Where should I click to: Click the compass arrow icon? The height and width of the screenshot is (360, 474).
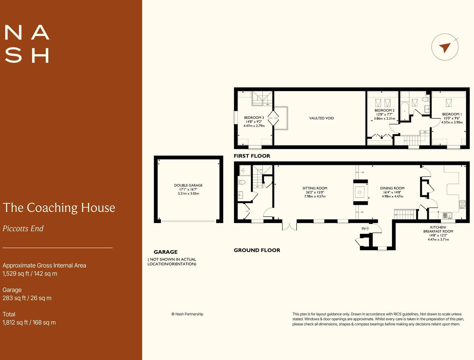(x=445, y=47)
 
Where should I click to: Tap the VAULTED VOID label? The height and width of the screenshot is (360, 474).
(x=322, y=118)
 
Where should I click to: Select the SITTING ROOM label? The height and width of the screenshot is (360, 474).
(x=315, y=188)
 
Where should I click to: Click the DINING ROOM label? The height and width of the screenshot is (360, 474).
(x=392, y=188)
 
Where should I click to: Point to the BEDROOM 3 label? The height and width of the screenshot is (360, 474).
(x=254, y=117)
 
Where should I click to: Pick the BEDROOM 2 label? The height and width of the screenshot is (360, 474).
(x=384, y=110)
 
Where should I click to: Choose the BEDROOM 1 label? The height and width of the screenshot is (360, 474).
(x=452, y=114)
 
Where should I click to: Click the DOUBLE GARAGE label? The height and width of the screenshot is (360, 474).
(x=188, y=185)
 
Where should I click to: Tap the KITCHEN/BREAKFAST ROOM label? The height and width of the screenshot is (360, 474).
(x=438, y=229)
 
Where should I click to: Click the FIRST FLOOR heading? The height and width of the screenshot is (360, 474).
(x=252, y=156)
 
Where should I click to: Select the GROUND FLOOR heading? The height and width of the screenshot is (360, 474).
(x=257, y=250)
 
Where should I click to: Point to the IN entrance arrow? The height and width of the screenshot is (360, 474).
(x=365, y=228)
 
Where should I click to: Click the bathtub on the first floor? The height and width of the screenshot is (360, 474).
(x=404, y=111)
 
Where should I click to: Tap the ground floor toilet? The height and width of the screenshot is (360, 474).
(x=242, y=182)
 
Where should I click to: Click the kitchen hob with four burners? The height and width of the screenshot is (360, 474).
(x=462, y=204)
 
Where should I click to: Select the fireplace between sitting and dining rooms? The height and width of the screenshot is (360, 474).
(x=360, y=192)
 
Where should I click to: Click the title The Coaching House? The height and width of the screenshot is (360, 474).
(x=59, y=208)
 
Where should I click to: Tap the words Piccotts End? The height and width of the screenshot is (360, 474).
(x=23, y=229)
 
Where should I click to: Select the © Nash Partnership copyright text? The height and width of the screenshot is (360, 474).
(x=187, y=314)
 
